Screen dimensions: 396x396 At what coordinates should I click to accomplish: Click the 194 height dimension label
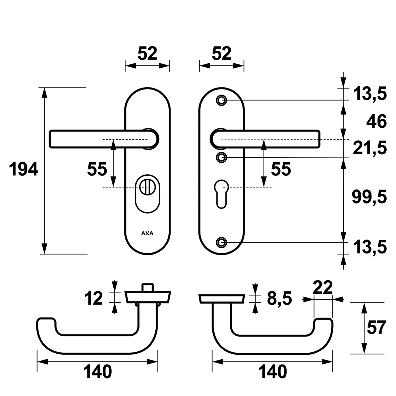point(23,169)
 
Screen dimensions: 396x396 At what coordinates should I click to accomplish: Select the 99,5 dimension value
point(369,197)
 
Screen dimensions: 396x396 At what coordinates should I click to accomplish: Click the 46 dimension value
point(377,121)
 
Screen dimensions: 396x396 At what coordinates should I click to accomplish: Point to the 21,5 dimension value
point(370,148)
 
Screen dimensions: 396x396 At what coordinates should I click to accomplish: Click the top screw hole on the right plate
point(221,100)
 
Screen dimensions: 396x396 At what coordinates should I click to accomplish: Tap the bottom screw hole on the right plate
point(221,242)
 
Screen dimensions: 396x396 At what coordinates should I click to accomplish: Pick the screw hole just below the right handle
point(221,157)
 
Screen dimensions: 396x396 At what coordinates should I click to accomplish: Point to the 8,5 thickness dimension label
point(279,298)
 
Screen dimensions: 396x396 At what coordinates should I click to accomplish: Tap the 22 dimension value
point(322,288)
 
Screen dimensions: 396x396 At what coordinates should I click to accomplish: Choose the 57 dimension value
point(376,327)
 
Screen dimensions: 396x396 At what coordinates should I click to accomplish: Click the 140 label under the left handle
point(97,372)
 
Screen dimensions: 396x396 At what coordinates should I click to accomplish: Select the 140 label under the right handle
point(273,372)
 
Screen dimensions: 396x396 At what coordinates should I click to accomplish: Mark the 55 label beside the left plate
point(97,169)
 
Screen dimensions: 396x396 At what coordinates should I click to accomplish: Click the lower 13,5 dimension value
point(370,247)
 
